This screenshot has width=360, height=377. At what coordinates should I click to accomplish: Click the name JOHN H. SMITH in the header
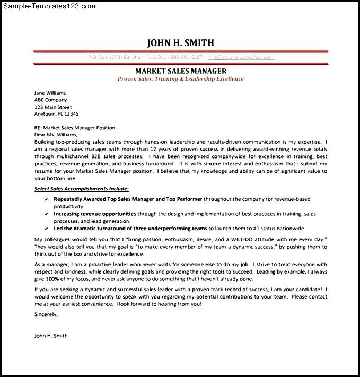180,43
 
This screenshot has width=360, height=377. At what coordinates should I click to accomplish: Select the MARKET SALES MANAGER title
181,71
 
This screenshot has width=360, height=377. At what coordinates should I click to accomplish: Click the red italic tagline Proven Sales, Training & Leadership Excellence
181,79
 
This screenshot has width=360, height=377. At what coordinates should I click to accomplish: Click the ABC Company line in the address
50,100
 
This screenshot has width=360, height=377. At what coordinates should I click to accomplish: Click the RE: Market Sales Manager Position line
74,128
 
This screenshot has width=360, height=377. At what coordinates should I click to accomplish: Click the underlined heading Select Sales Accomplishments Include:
81,188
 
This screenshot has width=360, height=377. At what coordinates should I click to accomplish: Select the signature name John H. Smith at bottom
51,336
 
